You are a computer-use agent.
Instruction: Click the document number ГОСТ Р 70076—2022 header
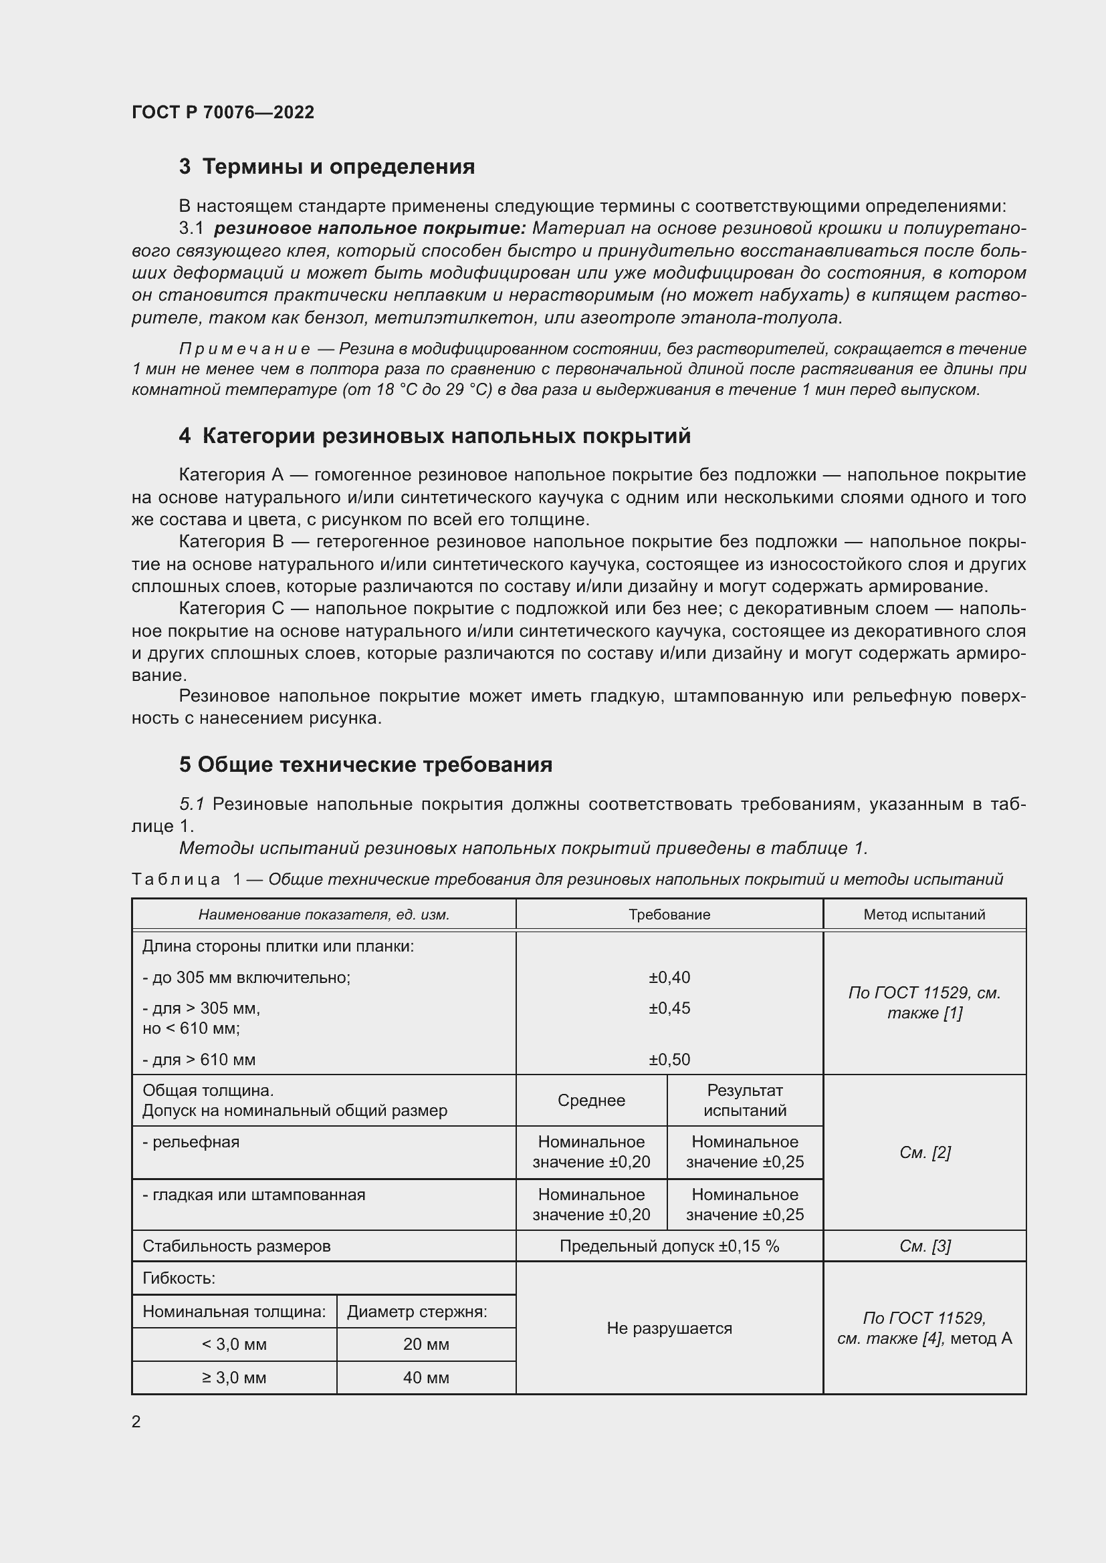[x=223, y=112]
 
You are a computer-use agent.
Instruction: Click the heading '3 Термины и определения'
[x=327, y=167]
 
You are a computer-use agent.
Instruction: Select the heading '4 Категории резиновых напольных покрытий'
[x=435, y=436]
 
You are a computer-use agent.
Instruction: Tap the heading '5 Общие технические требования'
[x=366, y=764]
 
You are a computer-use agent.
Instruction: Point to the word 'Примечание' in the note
[x=245, y=349]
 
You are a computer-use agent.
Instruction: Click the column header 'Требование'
[x=669, y=914]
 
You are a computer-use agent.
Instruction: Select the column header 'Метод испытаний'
[x=923, y=914]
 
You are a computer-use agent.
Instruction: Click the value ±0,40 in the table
[x=669, y=978]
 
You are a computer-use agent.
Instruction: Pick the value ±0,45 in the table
[x=669, y=1008]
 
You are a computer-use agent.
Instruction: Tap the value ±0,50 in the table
[x=669, y=1060]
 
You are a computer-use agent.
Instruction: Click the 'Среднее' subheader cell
[x=591, y=1101]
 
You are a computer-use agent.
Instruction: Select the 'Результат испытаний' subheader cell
[x=744, y=1101]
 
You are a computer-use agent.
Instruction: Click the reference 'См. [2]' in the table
[x=924, y=1153]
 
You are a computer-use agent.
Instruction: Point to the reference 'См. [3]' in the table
[x=924, y=1246]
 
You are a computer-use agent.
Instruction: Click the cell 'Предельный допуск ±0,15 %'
[x=669, y=1246]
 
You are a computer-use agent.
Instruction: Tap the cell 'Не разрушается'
[x=669, y=1328]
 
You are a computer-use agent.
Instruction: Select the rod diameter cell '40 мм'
[x=426, y=1378]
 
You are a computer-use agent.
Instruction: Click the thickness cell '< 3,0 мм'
[x=233, y=1344]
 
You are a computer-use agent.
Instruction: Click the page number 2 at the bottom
[x=136, y=1421]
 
